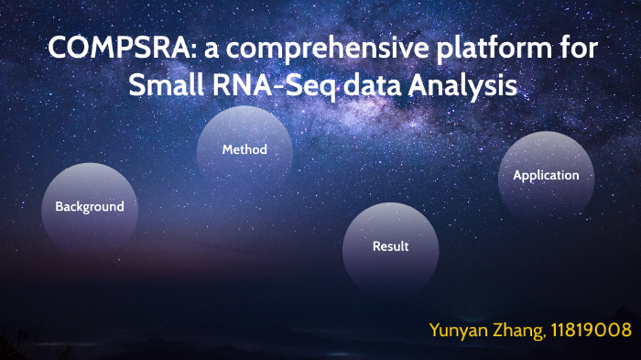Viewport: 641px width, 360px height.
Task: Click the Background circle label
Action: pyautogui.click(x=90, y=207)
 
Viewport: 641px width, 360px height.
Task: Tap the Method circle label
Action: pyautogui.click(x=244, y=149)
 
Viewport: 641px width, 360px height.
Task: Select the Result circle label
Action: pyautogui.click(x=390, y=246)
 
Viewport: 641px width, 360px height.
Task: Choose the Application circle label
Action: pyautogui.click(x=546, y=175)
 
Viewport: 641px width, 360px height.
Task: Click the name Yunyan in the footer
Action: pyautogui.click(x=461, y=330)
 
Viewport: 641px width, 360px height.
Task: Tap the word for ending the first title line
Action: pyautogui.click(x=573, y=50)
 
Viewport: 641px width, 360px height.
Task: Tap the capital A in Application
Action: pyautogui.click(x=518, y=175)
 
